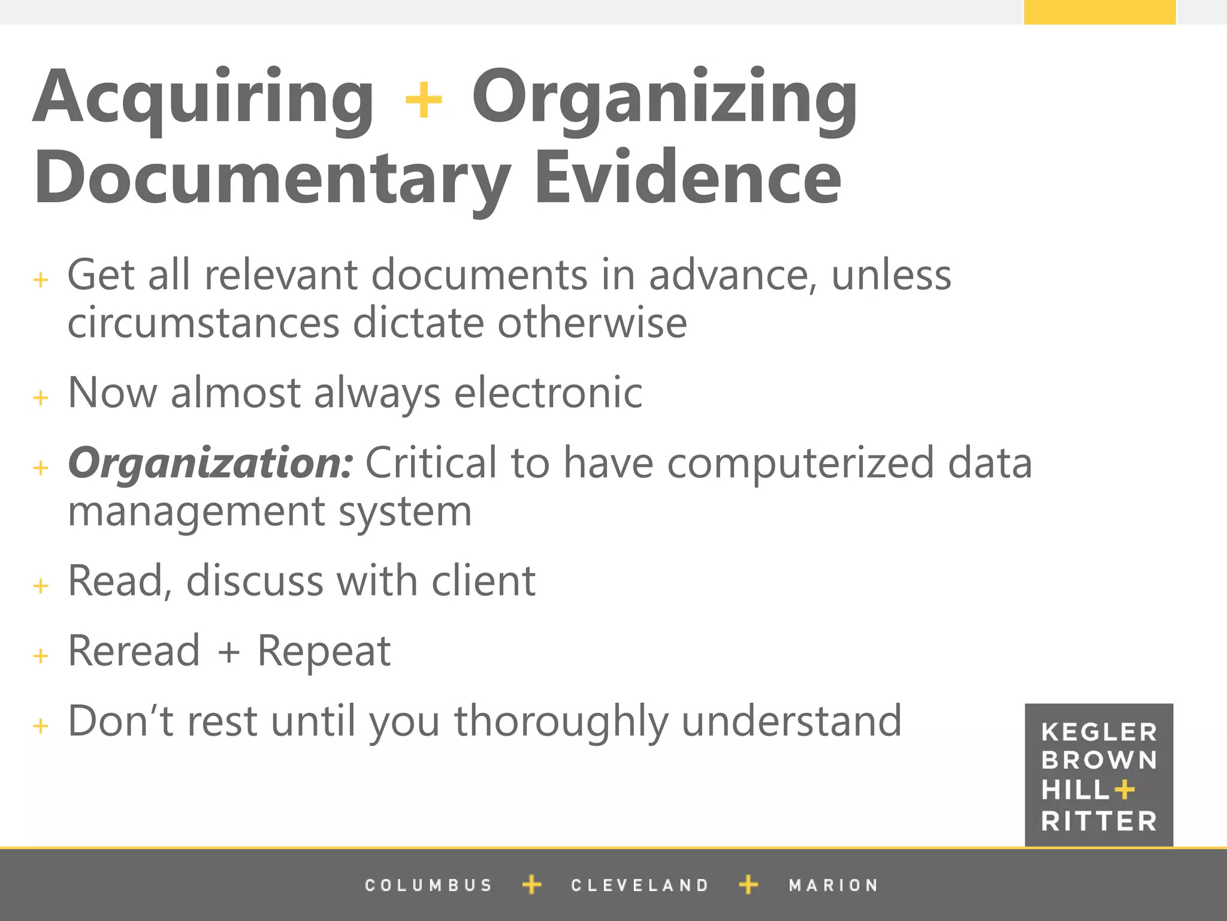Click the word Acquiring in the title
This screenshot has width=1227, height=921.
point(204,99)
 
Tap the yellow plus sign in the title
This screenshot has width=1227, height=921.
point(424,100)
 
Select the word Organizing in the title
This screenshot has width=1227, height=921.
point(665,99)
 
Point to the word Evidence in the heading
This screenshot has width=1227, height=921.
point(688,179)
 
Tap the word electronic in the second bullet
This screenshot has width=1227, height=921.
point(548,393)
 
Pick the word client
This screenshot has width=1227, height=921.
point(483,581)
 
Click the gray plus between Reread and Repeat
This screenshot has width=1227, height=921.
point(229,652)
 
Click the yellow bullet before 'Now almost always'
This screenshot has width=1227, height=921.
point(41,398)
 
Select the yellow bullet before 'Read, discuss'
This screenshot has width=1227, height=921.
point(41,586)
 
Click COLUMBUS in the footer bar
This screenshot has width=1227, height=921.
point(428,885)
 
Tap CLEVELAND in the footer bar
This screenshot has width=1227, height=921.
point(640,885)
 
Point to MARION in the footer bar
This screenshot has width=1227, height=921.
point(833,885)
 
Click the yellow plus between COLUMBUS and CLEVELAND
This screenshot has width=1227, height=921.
point(531,884)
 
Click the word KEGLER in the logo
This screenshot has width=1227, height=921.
point(1099,732)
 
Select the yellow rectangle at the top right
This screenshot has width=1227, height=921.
point(1099,12)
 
